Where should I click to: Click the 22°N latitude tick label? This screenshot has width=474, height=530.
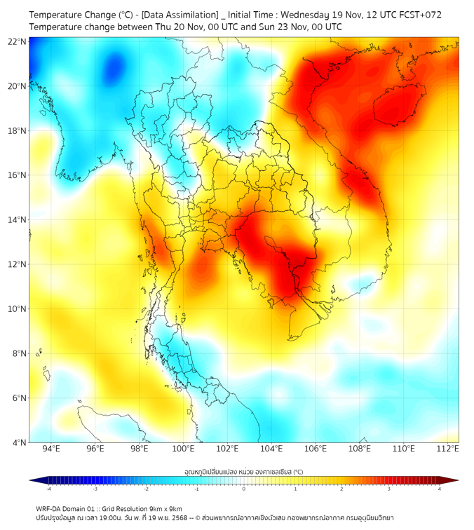pyautogui.click(x=18, y=41)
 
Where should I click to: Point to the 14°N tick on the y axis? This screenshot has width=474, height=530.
pyautogui.click(x=18, y=220)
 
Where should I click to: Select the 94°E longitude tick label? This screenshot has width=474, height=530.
pyautogui.click(x=51, y=449)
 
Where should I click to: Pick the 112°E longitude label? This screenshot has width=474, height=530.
pyautogui.click(x=447, y=449)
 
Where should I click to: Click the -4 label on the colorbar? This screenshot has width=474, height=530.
pyautogui.click(x=48, y=489)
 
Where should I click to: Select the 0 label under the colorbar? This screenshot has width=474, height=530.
pyautogui.click(x=244, y=489)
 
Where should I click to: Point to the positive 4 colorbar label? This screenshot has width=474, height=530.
pyautogui.click(x=440, y=489)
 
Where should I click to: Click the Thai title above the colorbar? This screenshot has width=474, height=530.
pyautogui.click(x=243, y=471)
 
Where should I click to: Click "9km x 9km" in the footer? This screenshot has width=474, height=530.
pyautogui.click(x=165, y=508)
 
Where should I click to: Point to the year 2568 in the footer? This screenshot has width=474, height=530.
pyautogui.click(x=175, y=517)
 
